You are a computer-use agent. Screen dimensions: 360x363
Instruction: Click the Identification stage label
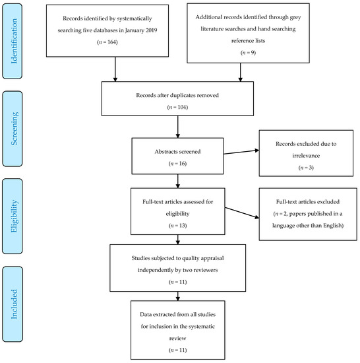[14, 41]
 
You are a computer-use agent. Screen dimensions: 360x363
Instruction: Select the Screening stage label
[14, 129]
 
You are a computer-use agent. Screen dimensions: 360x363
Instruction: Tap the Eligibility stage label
[14, 216]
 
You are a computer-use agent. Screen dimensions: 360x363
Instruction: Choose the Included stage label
[14, 304]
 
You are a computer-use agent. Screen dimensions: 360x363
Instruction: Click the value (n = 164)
[107, 42]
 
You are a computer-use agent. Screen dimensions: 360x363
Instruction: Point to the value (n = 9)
[248, 53]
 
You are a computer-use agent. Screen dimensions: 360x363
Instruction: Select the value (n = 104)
[177, 107]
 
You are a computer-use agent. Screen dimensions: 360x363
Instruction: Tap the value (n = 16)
[177, 164]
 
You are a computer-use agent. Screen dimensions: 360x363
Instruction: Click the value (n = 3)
[306, 168]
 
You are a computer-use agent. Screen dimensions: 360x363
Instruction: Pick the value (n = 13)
[177, 226]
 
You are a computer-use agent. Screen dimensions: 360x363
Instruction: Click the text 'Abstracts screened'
[177, 152]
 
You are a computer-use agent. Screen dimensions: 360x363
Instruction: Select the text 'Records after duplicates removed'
[177, 95]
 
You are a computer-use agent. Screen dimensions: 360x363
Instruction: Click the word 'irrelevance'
[306, 156]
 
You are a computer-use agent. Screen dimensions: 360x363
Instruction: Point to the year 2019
[151, 30]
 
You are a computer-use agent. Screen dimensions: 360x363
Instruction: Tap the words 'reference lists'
[248, 41]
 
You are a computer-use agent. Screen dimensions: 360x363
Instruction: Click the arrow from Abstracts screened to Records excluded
[241, 152]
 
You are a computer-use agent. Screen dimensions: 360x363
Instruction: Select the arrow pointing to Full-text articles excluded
[242, 213]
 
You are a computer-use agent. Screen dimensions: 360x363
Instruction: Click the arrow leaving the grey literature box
[241, 72]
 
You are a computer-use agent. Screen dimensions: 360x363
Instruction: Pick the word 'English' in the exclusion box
[333, 226]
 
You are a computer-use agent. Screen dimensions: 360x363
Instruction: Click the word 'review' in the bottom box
[177, 339]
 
